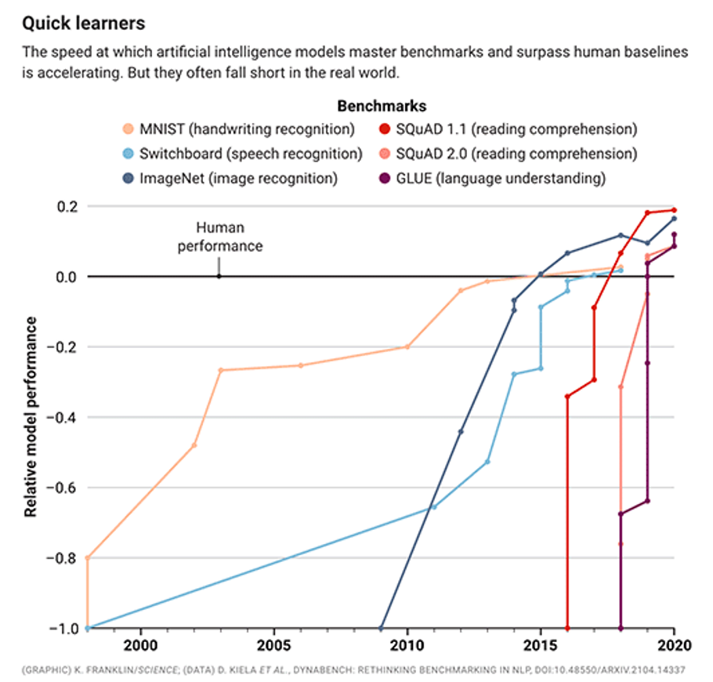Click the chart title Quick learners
83,24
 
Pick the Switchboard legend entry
250,154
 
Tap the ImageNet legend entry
238,179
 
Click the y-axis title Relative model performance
31,416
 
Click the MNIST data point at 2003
221,370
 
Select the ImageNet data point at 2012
461,432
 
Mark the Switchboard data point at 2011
434,506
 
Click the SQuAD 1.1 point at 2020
674,210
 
